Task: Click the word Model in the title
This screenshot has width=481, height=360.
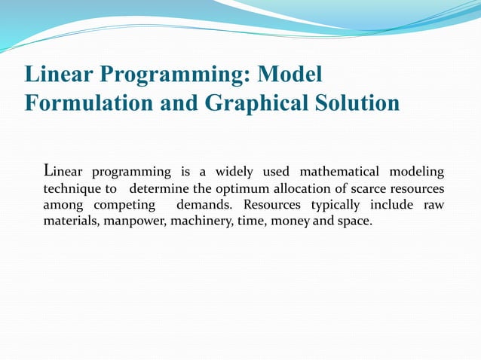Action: click(290, 75)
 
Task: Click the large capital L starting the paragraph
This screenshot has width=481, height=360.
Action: click(49, 169)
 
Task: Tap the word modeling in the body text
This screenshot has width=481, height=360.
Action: click(418, 172)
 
